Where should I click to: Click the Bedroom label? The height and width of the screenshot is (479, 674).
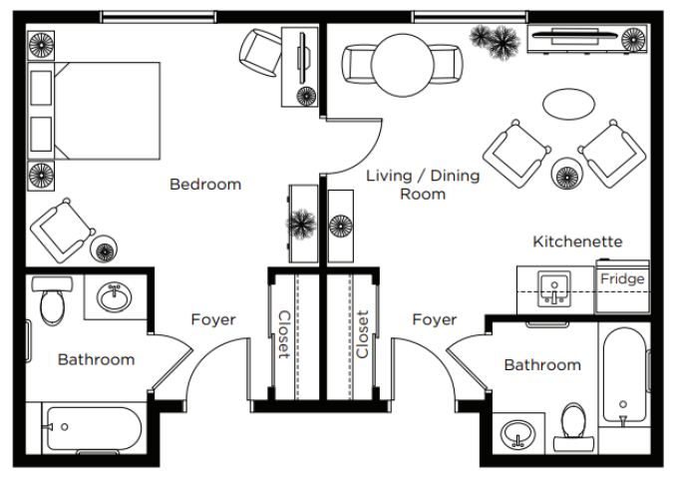point(205,185)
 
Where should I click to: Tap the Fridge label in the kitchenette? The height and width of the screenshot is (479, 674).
point(622,278)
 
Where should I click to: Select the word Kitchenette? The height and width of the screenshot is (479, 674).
point(577,241)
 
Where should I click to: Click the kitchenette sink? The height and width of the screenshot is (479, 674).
point(554,288)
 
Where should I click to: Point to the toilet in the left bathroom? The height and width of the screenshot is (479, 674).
point(52,300)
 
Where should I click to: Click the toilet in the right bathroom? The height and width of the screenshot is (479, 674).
point(574,427)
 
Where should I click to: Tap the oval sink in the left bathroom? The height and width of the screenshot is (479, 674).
point(115,297)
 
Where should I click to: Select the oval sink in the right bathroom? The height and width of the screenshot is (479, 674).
point(518,434)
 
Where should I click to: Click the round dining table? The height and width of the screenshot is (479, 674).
point(402,65)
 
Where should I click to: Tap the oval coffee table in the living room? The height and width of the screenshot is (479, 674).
point(568,104)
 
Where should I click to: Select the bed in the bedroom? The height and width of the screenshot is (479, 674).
point(94,111)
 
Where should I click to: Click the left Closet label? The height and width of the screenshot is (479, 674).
point(284,335)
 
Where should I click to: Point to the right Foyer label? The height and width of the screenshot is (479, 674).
point(434,319)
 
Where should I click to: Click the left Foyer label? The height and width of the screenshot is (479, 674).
point(213,319)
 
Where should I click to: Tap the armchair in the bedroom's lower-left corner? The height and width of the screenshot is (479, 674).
point(62,230)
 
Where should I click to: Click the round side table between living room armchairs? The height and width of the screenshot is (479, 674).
point(567,174)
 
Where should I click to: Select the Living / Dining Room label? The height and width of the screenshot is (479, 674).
point(423,185)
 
